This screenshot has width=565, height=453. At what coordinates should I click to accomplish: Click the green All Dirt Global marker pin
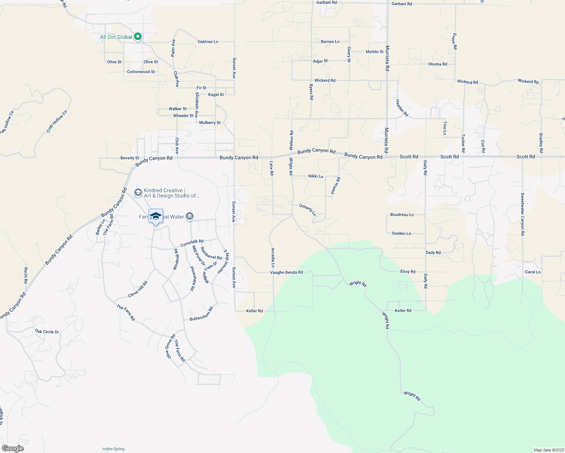138,37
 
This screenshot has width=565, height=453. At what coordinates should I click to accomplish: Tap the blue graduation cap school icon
156,216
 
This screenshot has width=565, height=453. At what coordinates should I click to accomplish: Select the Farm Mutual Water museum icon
190,216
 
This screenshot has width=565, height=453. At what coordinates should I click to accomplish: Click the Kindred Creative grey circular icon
138,193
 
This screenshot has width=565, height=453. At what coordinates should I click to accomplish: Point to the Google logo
13,448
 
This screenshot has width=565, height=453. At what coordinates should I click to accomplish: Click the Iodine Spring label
113,449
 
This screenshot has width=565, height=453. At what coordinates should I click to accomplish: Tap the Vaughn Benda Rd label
286,272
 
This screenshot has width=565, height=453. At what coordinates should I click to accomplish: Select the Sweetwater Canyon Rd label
522,214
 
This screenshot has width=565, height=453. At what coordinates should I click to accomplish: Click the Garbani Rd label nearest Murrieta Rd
401,4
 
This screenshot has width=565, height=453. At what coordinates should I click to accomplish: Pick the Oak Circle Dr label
47,332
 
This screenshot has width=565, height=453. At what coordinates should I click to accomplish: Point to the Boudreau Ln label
402,215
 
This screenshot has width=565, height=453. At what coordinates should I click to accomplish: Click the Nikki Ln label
316,176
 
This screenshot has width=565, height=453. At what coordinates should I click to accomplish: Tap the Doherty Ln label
307,210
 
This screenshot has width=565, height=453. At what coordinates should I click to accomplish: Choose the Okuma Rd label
437,64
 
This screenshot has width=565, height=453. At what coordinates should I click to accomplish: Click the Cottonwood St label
141,72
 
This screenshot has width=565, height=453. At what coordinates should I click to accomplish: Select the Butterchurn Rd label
201,314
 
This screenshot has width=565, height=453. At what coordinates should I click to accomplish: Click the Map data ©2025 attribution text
548,450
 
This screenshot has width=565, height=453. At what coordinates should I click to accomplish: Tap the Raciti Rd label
26,276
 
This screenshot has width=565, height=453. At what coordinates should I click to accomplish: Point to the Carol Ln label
533,272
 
